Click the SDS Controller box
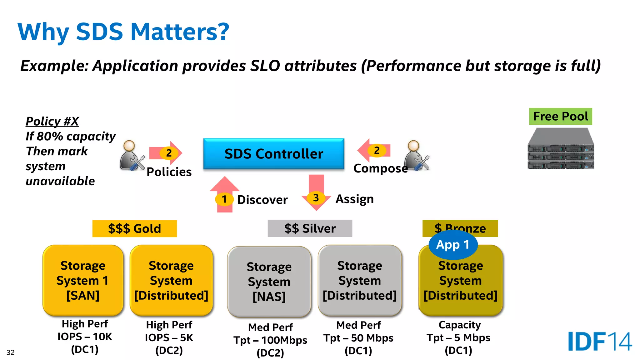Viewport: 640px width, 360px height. pos(273,154)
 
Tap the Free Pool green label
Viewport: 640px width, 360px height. pos(560,117)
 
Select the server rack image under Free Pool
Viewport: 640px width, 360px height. pos(561,149)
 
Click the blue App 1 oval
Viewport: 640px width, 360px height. pos(453,245)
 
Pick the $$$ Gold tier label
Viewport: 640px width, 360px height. pos(134,228)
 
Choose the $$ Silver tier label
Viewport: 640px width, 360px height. pos(310,228)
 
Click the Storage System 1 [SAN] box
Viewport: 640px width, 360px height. pos(83,280)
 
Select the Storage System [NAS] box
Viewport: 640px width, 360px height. pos(269,282)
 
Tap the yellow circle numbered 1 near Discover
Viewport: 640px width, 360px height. pos(224,199)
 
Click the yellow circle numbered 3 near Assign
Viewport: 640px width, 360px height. pos(316,197)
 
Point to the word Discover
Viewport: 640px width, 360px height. pos(262,200)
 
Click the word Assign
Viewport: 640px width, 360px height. pos(354,199)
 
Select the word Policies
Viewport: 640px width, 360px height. pos(169,172)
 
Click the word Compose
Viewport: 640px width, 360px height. pos(380,168)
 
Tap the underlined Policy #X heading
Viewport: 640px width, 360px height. pos(52,121)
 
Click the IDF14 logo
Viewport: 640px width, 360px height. pos(599,341)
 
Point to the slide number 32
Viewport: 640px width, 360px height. pos(11,352)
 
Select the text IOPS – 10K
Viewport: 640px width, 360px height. pos(85,337)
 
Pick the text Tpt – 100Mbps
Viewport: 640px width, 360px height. pos(270,340)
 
